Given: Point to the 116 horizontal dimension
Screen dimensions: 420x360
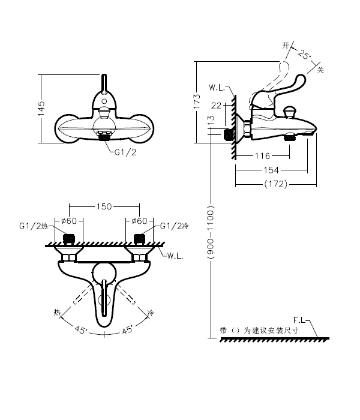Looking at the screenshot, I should click(262, 156).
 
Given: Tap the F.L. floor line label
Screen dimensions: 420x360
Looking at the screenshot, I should click(301, 319).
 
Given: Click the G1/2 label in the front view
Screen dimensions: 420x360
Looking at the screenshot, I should click(126, 152).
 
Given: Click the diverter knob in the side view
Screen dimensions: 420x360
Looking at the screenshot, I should click(291, 112).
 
